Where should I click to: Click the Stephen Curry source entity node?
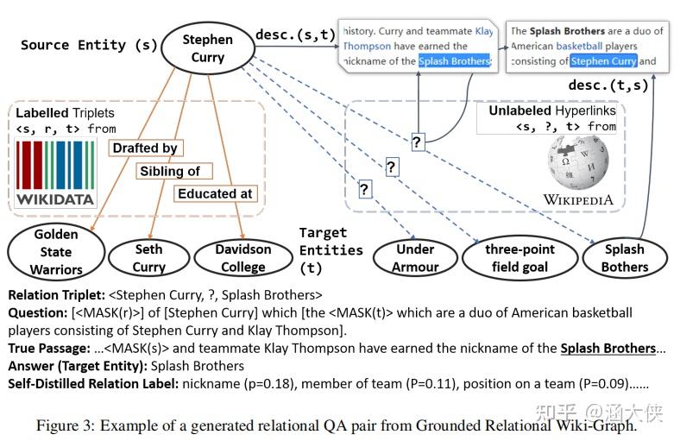click(x=207, y=47)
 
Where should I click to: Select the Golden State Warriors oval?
click(x=56, y=250)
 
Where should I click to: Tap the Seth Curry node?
click(x=148, y=257)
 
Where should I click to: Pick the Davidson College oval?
click(x=242, y=257)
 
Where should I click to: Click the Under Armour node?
click(x=415, y=257)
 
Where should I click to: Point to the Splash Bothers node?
click(x=624, y=257)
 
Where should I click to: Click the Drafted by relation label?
click(x=145, y=148)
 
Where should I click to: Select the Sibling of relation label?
click(x=170, y=171)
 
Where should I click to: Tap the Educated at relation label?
click(x=215, y=194)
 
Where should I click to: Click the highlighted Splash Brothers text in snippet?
click(x=454, y=61)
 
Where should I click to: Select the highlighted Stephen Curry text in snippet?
click(x=603, y=61)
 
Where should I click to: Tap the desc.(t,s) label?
click(x=607, y=85)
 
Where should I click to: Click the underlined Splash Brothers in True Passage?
click(x=608, y=349)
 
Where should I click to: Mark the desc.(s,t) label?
click(x=295, y=35)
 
